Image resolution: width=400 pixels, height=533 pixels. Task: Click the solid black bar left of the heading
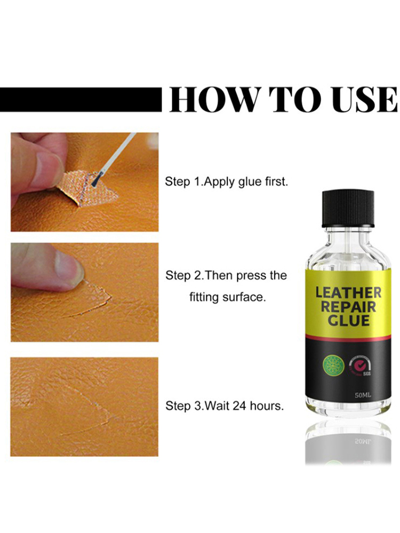coord(81,100)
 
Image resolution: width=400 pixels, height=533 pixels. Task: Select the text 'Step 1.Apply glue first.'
coord(227,182)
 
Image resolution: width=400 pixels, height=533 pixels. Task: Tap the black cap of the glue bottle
coord(348,209)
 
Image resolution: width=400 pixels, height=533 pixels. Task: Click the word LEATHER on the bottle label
coord(348,293)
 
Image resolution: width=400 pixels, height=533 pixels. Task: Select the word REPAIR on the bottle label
coord(348,306)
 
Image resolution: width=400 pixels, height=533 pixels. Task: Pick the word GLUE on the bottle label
coord(348,320)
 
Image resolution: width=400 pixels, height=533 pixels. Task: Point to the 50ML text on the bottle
coord(363,395)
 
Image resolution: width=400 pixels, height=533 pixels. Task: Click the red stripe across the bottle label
coord(348,337)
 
